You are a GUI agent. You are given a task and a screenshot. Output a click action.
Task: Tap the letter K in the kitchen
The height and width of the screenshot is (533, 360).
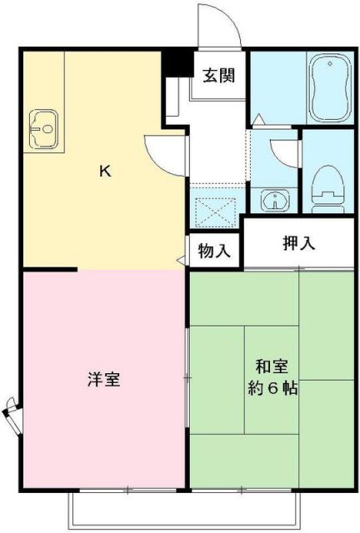(x=105, y=172)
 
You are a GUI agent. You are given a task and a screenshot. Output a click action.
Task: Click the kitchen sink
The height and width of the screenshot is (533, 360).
(x=44, y=129)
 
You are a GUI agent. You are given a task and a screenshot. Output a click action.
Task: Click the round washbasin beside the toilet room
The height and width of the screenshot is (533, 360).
(x=272, y=200)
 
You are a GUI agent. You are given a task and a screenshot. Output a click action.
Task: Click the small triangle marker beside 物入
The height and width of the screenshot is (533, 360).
(x=181, y=259)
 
